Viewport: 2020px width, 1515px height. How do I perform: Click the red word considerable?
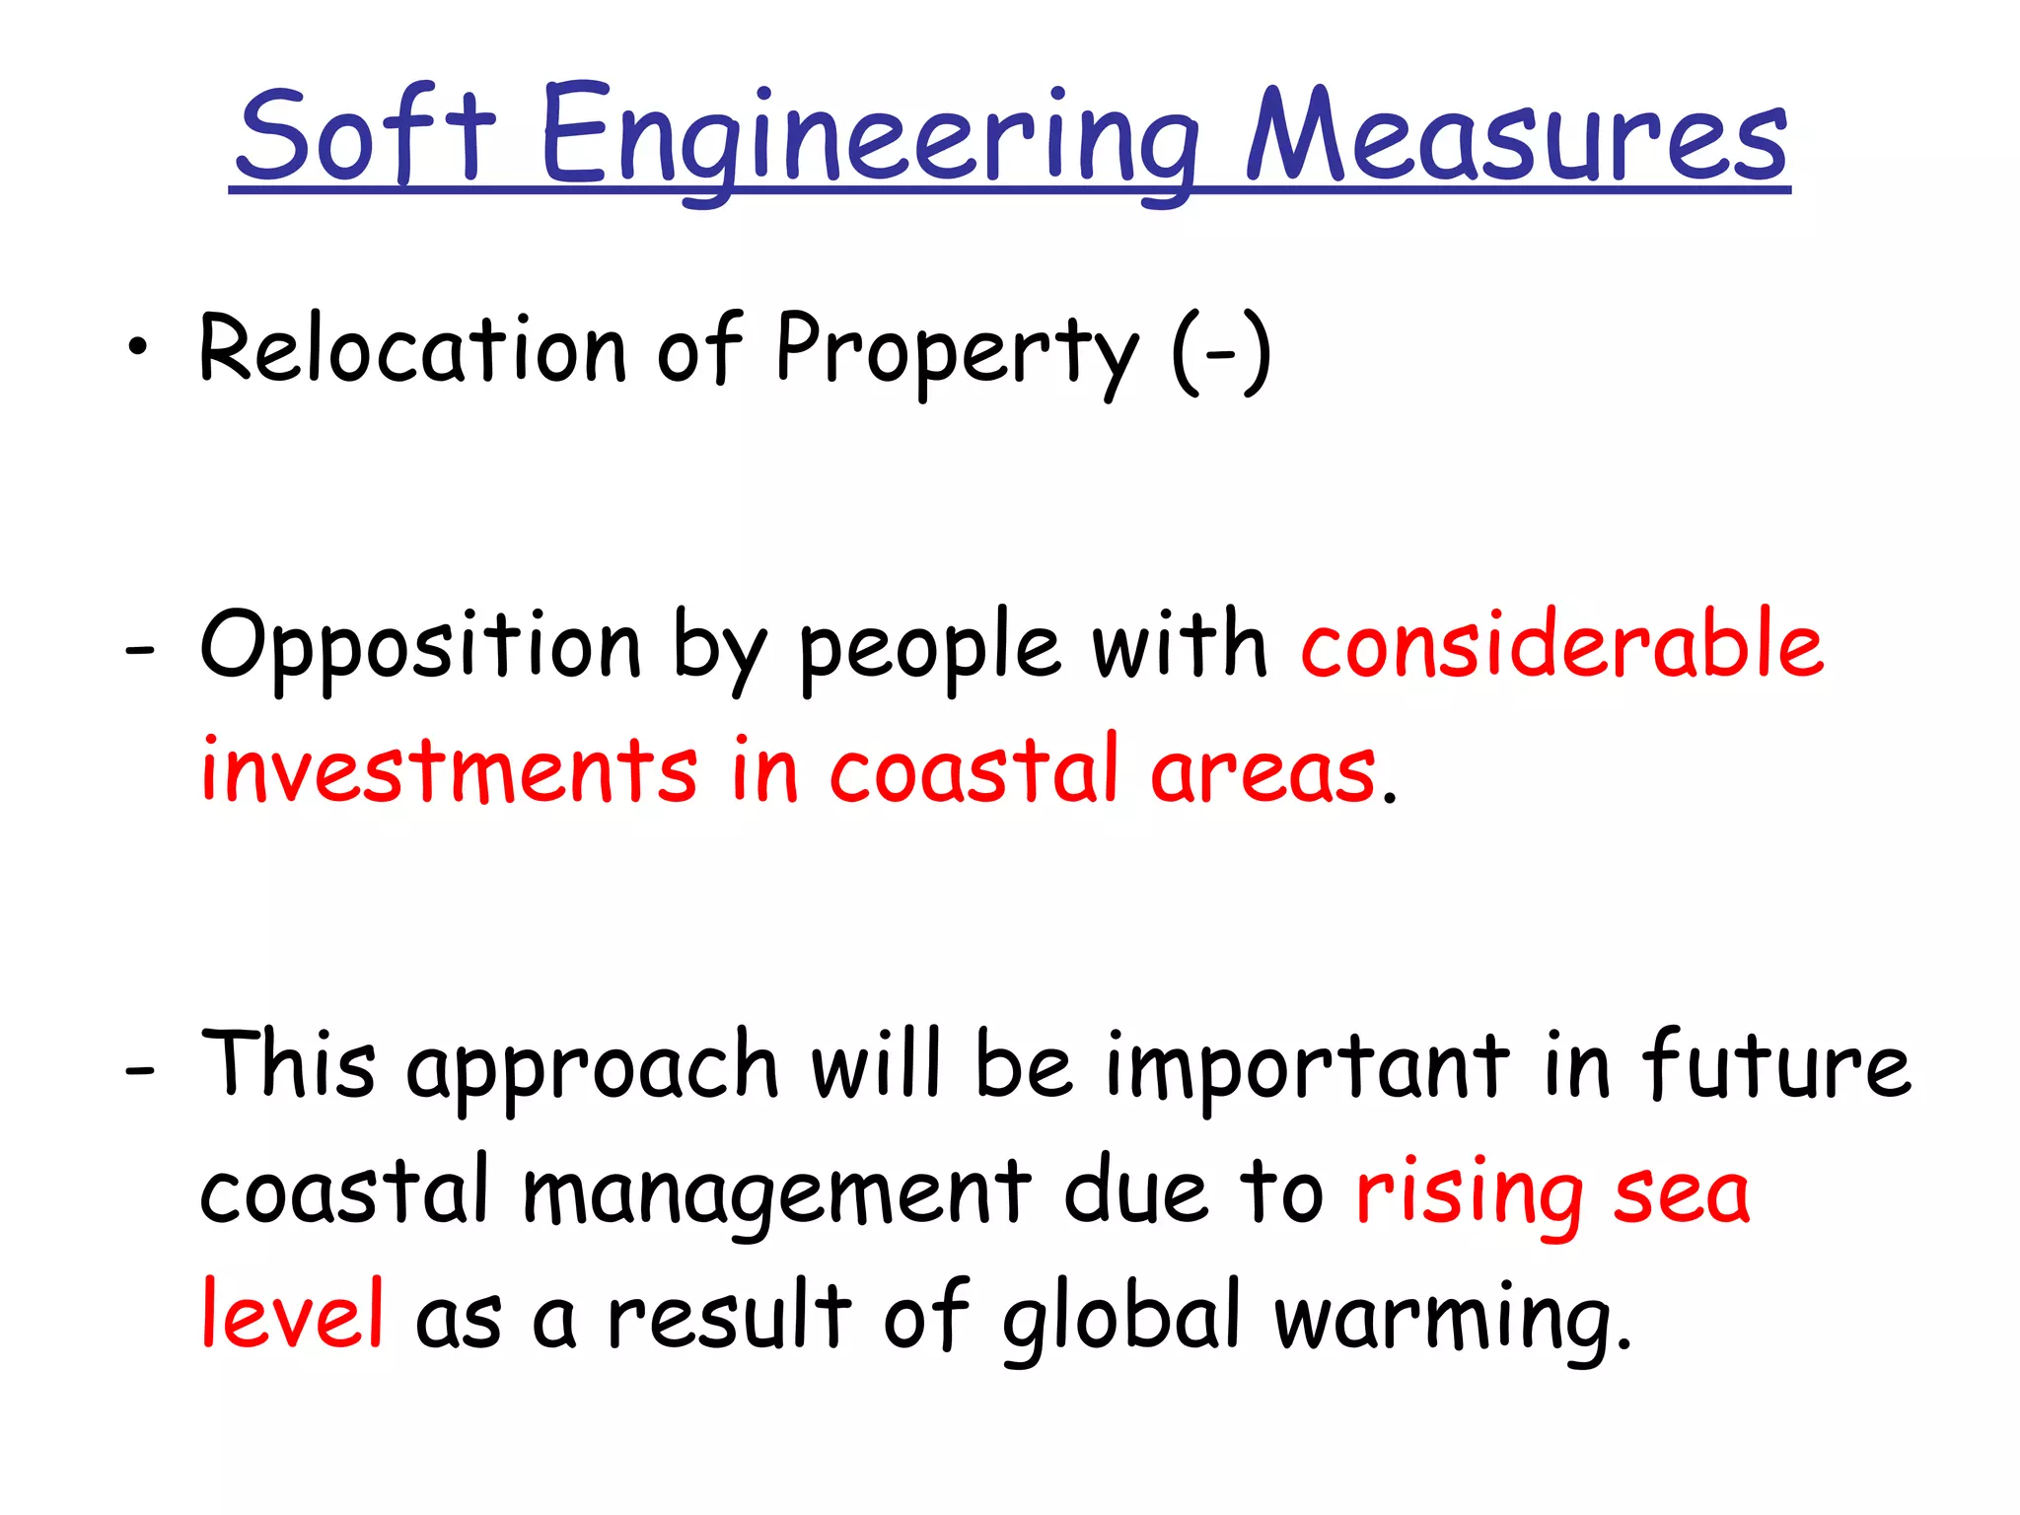(x=1562, y=645)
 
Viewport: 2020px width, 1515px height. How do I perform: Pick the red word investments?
(x=449, y=769)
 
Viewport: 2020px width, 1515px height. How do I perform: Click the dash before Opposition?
(x=139, y=651)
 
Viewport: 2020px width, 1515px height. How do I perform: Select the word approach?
(x=592, y=1069)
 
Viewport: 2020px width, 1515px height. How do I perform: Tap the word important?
(x=1307, y=1069)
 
